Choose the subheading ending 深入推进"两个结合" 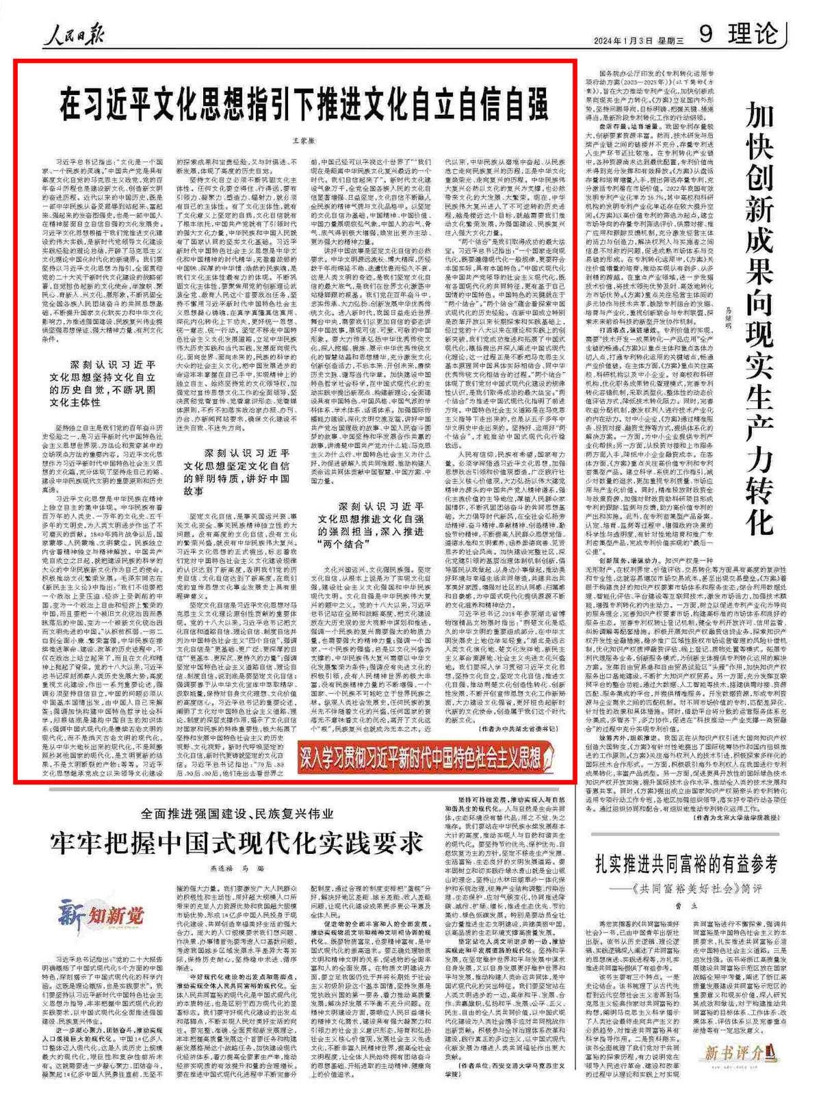click(x=380, y=526)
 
